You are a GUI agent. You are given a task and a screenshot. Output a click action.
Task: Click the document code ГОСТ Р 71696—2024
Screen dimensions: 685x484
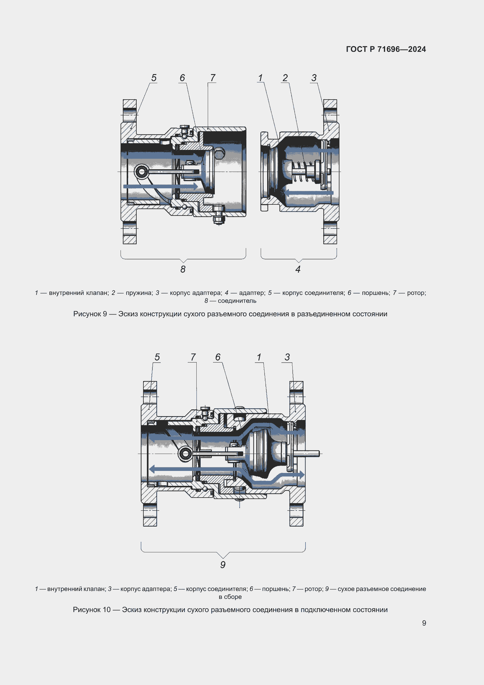(386, 49)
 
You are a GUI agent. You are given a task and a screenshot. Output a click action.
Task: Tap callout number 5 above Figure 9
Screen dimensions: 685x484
(154, 78)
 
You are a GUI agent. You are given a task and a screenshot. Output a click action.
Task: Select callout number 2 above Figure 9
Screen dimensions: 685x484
(285, 78)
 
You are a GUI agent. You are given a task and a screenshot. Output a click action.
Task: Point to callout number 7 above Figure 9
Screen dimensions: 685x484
(212, 78)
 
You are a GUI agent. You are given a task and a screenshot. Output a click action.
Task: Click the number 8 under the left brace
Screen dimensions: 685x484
(183, 269)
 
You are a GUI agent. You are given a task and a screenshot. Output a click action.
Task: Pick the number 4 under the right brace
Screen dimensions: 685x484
(298, 269)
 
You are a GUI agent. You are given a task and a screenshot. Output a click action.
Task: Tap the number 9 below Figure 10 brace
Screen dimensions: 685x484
(223, 565)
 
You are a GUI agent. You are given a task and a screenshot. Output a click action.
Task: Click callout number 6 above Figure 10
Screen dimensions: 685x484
(218, 357)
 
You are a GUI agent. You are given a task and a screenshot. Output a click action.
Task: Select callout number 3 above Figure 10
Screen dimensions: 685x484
(287, 357)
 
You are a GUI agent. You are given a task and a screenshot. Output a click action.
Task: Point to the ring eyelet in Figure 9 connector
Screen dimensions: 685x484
(141, 172)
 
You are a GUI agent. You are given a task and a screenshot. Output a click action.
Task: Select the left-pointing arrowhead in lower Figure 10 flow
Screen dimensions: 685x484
(152, 469)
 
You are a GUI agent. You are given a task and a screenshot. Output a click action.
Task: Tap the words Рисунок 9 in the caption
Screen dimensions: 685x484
(90, 314)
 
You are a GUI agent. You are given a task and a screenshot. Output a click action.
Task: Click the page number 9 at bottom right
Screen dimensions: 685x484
(424, 623)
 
